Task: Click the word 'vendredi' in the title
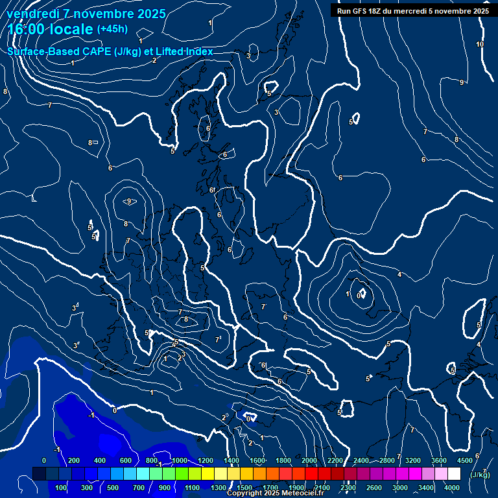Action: [x=30, y=14]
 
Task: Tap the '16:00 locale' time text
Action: [x=51, y=30]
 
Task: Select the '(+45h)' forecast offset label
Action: [x=112, y=29]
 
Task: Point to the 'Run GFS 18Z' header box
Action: [x=413, y=10]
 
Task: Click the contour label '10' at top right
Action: [x=480, y=44]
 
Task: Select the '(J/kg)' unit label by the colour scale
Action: [x=480, y=475]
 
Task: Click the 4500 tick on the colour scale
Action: [x=464, y=460]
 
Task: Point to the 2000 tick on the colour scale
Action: [x=309, y=460]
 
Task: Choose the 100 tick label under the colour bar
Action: [x=62, y=488]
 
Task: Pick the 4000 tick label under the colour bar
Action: [x=453, y=488]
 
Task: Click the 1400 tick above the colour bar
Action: [x=231, y=460]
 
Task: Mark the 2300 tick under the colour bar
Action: [x=348, y=488]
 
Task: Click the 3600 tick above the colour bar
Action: [x=439, y=460]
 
